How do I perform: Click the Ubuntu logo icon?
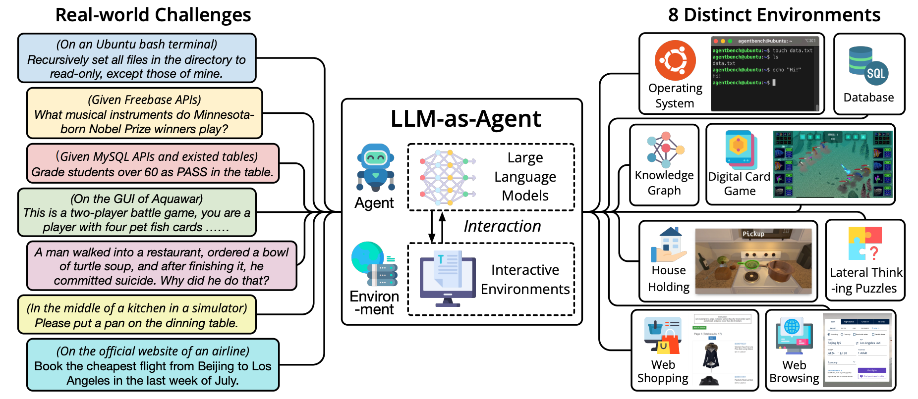(675, 60)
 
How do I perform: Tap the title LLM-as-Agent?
(465, 119)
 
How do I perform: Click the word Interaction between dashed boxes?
(502, 226)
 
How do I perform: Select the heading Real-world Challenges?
(153, 15)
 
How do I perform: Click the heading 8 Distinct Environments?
(774, 15)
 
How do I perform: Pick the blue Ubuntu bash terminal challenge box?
(137, 58)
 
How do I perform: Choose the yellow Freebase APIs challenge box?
(144, 114)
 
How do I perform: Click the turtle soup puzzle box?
(162, 266)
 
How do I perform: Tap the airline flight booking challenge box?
(153, 365)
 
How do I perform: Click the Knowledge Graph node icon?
(665, 149)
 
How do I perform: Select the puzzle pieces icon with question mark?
(865, 244)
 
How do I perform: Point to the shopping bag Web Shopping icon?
(663, 336)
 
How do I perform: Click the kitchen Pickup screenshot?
(753, 261)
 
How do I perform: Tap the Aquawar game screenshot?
(833, 164)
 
